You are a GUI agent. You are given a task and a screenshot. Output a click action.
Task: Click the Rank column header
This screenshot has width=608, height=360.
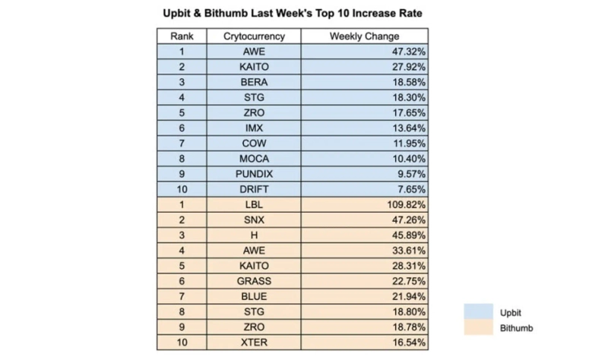click(182, 36)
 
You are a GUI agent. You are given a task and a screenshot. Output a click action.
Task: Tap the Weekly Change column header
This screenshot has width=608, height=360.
click(364, 36)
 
